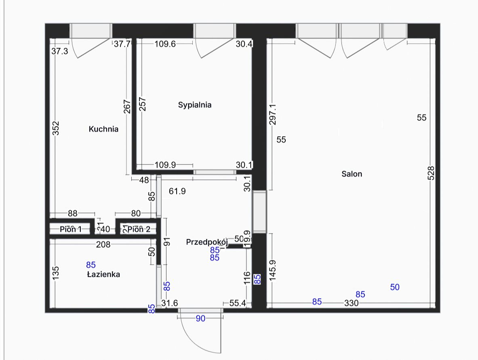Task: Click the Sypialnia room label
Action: coord(194,105)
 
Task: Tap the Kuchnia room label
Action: coord(103,129)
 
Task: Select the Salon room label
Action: coord(352,174)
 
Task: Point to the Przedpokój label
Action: coord(207,242)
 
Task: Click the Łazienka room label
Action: coord(103,274)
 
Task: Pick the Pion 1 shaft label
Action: coord(71,229)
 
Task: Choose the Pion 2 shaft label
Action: coord(139,229)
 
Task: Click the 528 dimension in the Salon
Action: coord(431,173)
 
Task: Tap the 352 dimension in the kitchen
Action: coord(56,128)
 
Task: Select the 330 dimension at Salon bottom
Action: coord(352,303)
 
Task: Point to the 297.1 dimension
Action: coord(272,115)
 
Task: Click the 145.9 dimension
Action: coord(272,270)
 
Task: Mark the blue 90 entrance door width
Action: coord(200,318)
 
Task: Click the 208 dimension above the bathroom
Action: coord(103,244)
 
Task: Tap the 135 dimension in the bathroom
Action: coord(56,273)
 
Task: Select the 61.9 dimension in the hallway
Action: coord(177,191)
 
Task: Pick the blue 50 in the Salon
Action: coord(395,287)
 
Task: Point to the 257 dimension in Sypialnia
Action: coord(142,104)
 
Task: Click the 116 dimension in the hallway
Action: coord(247,278)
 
